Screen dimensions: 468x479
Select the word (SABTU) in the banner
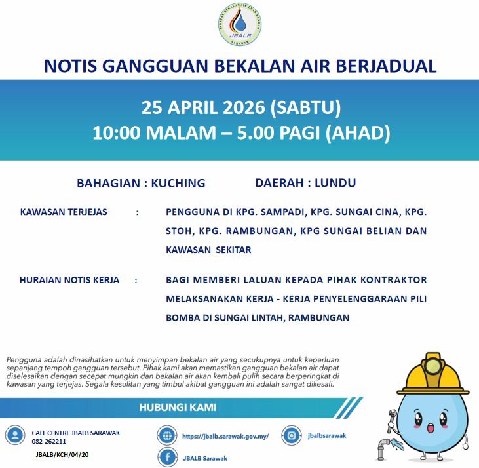(x=305, y=107)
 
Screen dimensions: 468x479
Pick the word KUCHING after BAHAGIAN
(x=178, y=184)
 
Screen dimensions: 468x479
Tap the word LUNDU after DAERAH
(x=335, y=184)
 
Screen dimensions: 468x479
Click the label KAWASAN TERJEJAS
(x=64, y=212)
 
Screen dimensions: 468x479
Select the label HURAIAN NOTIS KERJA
(x=69, y=280)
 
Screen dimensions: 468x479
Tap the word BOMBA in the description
(x=185, y=317)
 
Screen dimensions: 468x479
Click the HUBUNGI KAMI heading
(x=178, y=408)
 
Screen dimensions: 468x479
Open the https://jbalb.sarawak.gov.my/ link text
(x=225, y=435)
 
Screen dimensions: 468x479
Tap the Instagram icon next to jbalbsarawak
(x=291, y=435)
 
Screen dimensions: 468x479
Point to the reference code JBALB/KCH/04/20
(x=63, y=454)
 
